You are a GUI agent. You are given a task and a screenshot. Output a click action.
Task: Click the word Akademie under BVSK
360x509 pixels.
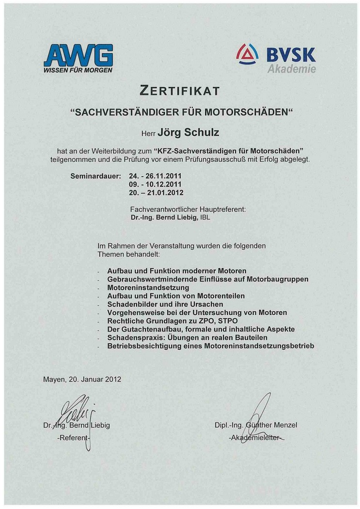click(291, 69)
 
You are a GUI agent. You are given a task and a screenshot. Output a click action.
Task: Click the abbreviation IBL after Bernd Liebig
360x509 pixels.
click(205, 218)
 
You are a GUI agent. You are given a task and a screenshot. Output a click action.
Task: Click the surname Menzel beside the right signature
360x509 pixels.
click(284, 425)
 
